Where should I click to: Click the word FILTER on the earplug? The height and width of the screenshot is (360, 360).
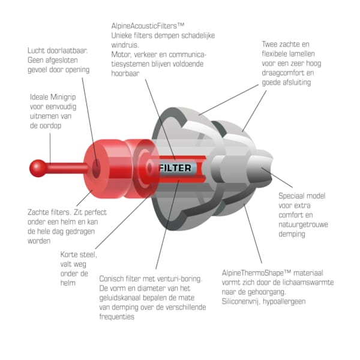coord(175,168)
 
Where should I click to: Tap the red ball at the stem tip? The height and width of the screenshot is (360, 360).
coord(38,168)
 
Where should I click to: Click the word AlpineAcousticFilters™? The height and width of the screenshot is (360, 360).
coord(148,26)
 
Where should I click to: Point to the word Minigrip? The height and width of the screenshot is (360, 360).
coord(63,97)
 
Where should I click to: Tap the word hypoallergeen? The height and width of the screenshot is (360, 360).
coord(284,301)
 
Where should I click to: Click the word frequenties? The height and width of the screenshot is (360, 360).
coord(116,317)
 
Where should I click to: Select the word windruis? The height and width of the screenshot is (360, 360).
coord(125,45)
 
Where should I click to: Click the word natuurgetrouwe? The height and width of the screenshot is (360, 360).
coord(303,224)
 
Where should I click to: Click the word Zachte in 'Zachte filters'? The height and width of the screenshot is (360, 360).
coord(38,212)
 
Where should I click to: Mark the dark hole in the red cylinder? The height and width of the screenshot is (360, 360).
coord(96,169)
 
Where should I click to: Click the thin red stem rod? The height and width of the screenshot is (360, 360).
coord(67,168)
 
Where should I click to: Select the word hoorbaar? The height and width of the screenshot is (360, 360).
coord(125,73)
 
